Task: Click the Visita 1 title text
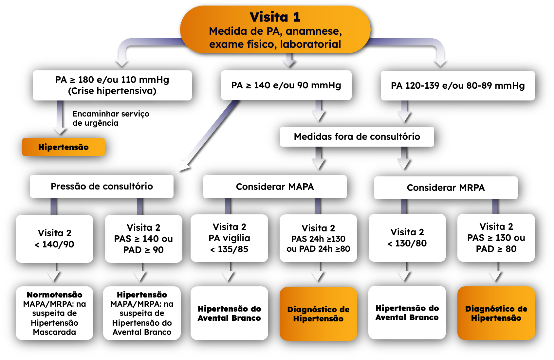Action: (x=275, y=17)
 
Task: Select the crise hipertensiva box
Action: (x=112, y=85)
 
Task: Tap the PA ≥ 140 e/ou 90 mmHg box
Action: (x=286, y=85)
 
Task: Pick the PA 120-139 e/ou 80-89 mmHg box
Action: (x=458, y=86)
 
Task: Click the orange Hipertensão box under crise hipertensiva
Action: (x=64, y=147)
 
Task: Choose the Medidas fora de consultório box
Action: (x=357, y=136)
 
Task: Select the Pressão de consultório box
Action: (x=102, y=186)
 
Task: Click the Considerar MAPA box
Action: (x=275, y=187)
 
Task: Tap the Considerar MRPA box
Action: (x=446, y=188)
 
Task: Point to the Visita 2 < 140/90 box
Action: (x=54, y=239)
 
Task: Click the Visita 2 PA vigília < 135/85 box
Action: (x=229, y=238)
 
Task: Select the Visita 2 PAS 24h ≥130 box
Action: (x=318, y=238)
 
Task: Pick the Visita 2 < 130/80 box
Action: (x=407, y=238)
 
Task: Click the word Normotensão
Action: (x=54, y=295)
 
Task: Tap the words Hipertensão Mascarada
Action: (x=54, y=328)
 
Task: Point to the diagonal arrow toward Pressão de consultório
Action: (x=210, y=134)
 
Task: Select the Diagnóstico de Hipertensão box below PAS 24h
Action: (x=318, y=314)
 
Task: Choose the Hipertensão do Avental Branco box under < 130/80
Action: (x=407, y=313)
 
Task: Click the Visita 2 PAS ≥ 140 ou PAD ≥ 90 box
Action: (x=143, y=239)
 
